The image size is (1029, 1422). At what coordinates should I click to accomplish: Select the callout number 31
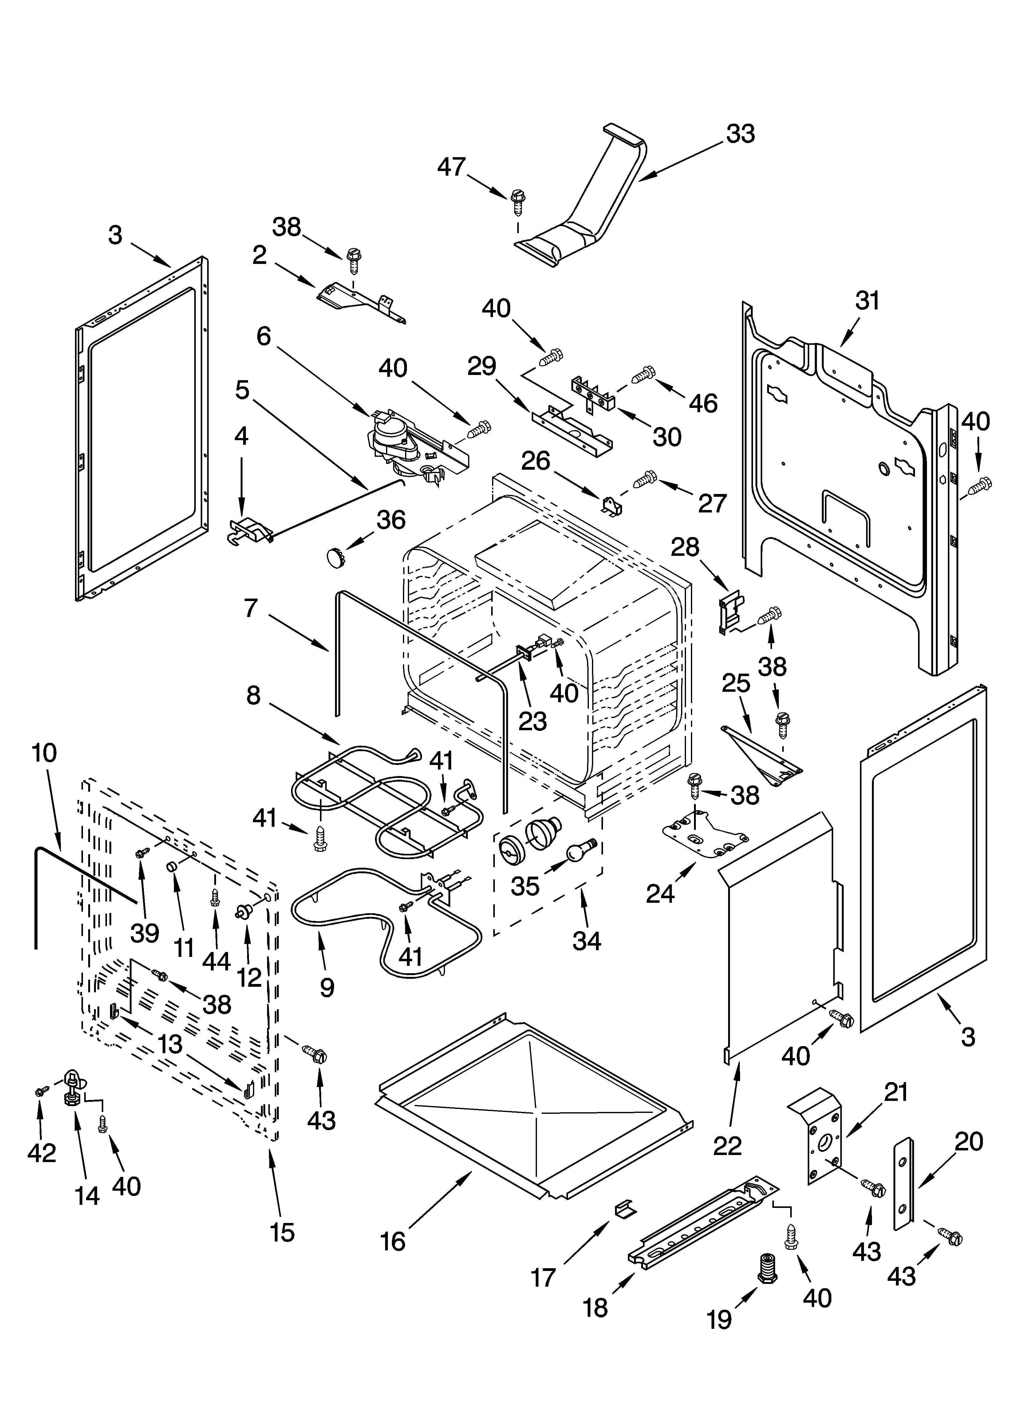(867, 301)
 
